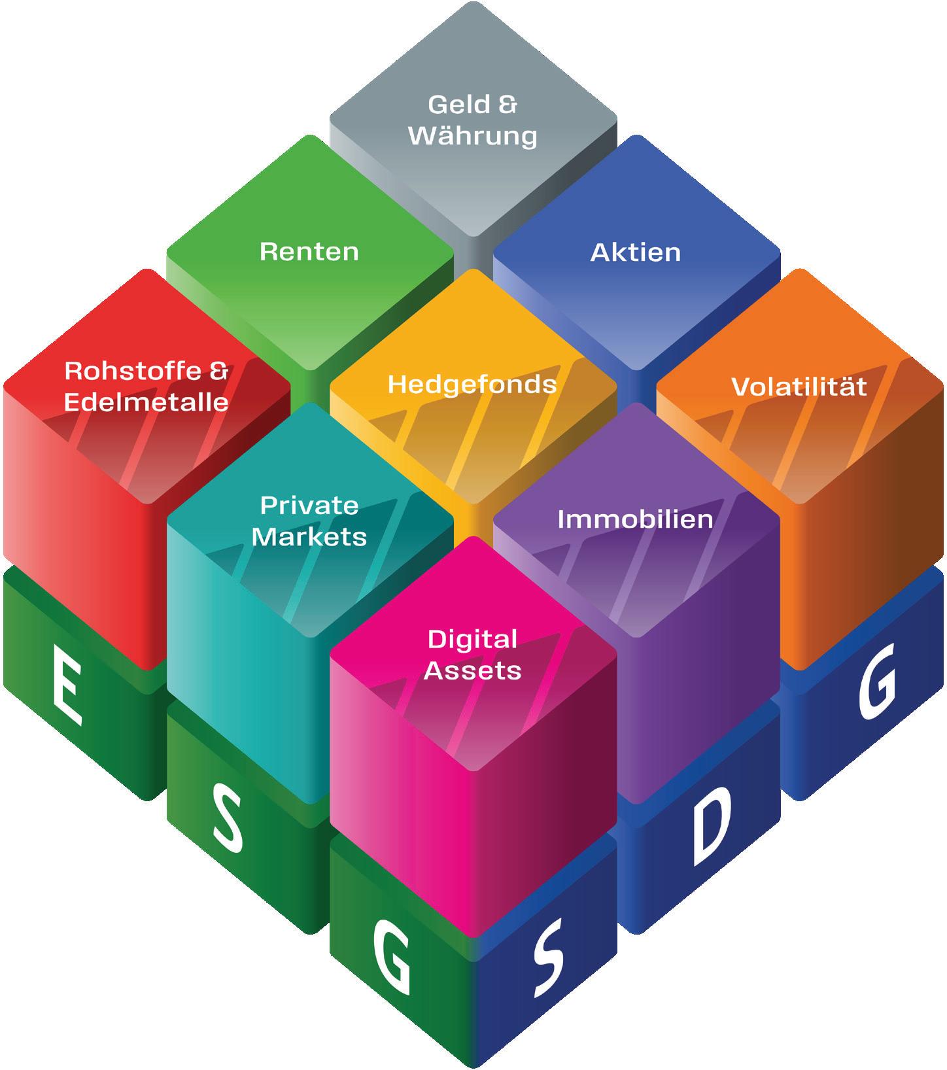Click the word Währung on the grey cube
473,136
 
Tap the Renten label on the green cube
309,252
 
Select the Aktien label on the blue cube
636,252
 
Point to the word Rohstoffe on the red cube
133,371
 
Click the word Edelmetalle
146,402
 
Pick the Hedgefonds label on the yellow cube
472,384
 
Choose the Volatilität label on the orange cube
799,386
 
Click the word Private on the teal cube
309,506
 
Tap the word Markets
309,536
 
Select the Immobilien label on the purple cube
635,519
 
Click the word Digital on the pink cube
472,639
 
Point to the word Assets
472,670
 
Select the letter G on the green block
392,959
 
